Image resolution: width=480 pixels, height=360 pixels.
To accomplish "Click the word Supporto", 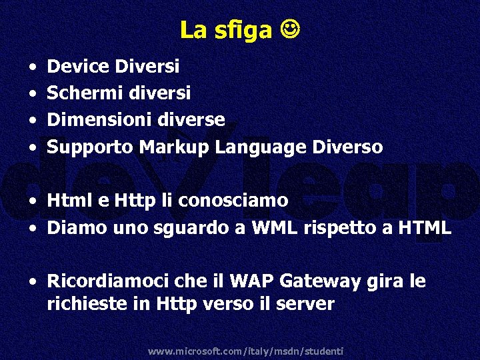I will pos(91,147).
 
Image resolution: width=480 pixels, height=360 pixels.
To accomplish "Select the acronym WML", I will pos(275,228).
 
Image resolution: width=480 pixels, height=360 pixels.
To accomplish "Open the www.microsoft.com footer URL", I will pos(245,351).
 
